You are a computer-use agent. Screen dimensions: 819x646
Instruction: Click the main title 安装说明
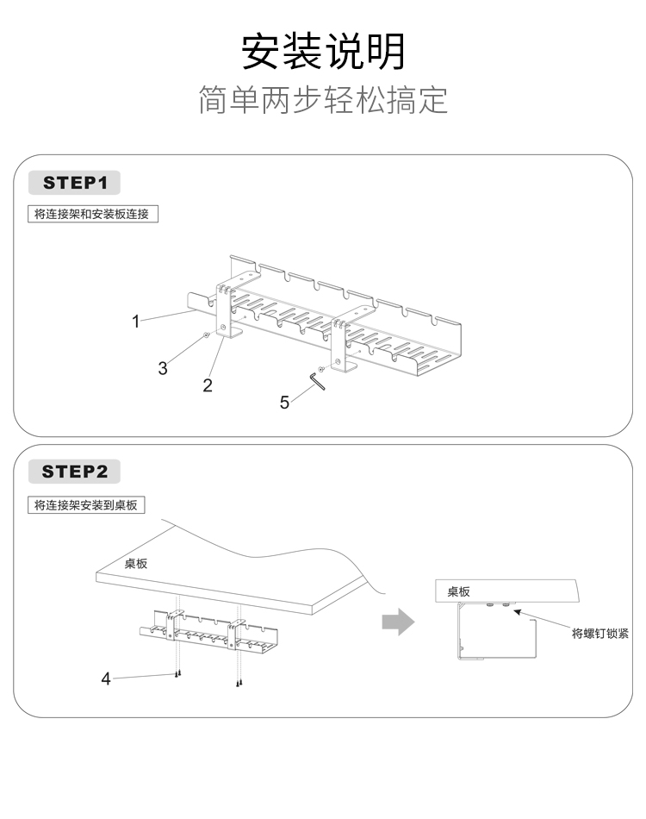(x=323, y=51)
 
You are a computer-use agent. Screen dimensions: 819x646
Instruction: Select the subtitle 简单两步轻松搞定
(x=323, y=100)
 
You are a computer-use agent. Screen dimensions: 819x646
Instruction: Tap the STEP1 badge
(x=75, y=183)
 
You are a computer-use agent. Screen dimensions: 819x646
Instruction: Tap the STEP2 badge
(x=75, y=472)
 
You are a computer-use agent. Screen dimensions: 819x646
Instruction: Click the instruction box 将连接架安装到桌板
(x=86, y=505)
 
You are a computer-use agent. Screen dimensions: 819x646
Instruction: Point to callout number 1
(x=135, y=322)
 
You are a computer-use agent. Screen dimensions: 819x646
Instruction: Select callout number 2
(x=207, y=385)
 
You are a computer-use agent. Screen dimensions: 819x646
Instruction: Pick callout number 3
(x=163, y=368)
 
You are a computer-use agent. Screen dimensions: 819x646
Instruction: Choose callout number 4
(x=106, y=678)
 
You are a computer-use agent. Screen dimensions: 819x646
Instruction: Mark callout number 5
(x=285, y=403)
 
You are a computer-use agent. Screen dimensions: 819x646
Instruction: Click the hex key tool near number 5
(x=317, y=381)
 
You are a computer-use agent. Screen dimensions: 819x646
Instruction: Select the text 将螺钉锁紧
(x=600, y=633)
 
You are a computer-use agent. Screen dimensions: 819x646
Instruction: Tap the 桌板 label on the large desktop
(x=136, y=564)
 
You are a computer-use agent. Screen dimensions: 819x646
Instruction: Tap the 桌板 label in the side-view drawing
(x=458, y=592)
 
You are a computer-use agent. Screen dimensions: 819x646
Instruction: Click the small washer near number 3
(x=206, y=335)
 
